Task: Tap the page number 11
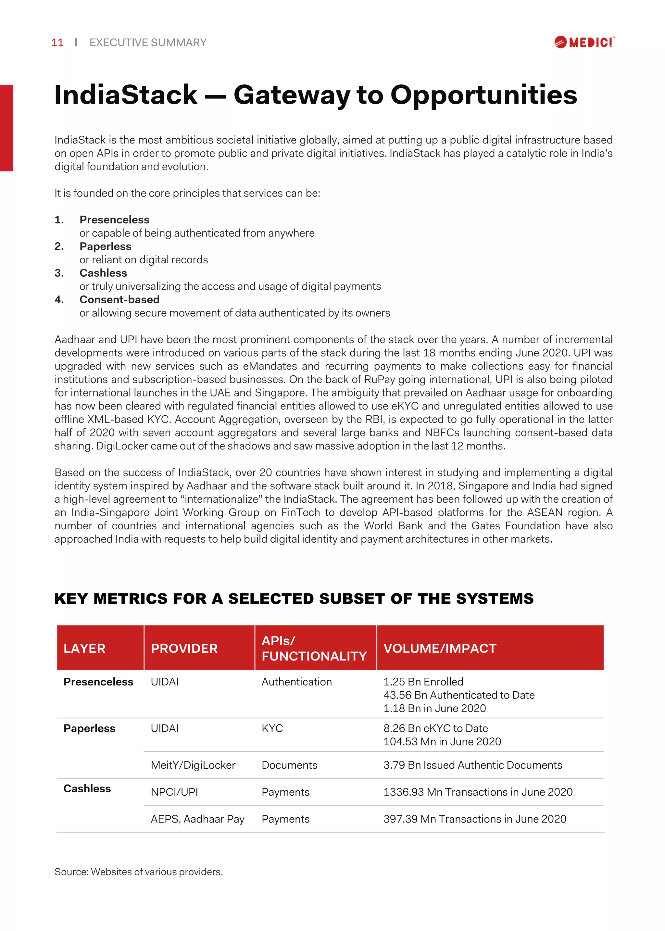[x=57, y=43]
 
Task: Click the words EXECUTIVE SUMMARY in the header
[x=148, y=43]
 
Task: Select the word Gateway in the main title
[x=292, y=95]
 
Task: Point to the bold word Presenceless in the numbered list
[x=114, y=220]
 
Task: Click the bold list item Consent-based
[x=119, y=299]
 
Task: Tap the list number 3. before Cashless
[x=59, y=273]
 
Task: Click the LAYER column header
[x=84, y=648]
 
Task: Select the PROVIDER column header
[x=184, y=648]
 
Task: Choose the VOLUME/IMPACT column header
[x=439, y=648]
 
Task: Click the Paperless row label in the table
[x=89, y=728]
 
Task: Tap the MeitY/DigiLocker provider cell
[x=193, y=765]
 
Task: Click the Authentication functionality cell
[x=296, y=682]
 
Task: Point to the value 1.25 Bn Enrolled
[x=423, y=682]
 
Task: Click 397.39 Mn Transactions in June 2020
[x=475, y=819]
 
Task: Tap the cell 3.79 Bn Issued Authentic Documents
[x=472, y=765]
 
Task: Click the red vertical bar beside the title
[x=6, y=128]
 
